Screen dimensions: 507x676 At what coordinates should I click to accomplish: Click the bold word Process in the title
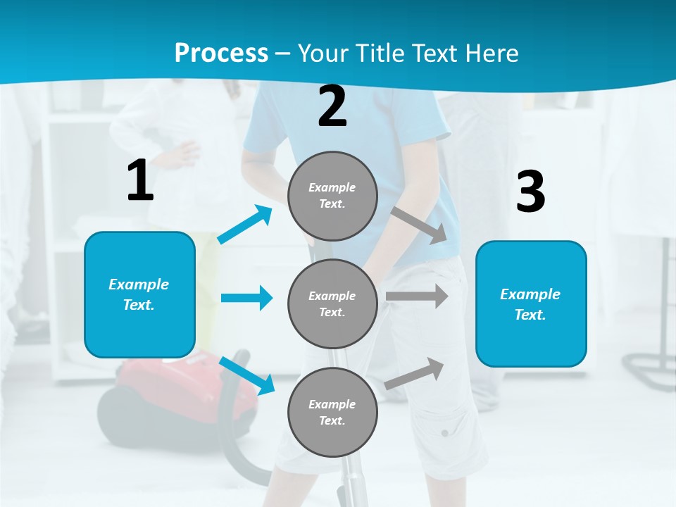pyautogui.click(x=221, y=54)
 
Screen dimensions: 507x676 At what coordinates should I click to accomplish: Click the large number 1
pyautogui.click(x=140, y=180)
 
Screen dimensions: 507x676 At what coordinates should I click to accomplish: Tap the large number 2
pyautogui.click(x=332, y=106)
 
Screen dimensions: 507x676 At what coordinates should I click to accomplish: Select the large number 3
pyautogui.click(x=530, y=192)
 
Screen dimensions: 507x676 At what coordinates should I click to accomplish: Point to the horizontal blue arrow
pyautogui.click(x=246, y=298)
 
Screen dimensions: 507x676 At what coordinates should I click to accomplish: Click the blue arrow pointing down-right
pyautogui.click(x=247, y=375)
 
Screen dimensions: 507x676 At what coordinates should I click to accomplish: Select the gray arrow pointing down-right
pyautogui.click(x=420, y=226)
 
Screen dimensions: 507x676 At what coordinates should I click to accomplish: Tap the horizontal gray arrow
pyautogui.click(x=417, y=296)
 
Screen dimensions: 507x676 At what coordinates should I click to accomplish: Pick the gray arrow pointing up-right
pyautogui.click(x=415, y=373)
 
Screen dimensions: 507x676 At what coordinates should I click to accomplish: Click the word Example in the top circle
pyautogui.click(x=332, y=187)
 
